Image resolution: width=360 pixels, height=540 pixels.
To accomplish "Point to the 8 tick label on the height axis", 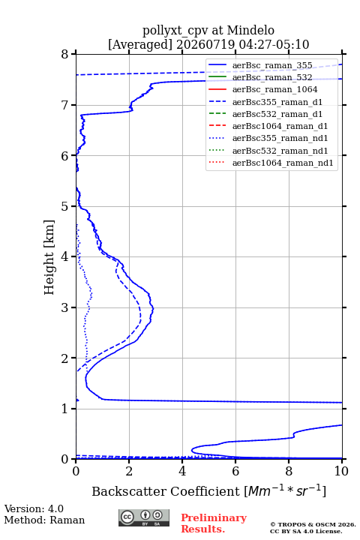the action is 64,55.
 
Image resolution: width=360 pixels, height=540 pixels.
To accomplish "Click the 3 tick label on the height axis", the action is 64,307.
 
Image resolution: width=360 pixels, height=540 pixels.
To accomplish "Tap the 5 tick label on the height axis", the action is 64,206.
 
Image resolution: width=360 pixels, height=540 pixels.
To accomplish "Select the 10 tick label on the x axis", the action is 341,471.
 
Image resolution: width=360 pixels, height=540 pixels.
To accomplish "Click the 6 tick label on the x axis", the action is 235,471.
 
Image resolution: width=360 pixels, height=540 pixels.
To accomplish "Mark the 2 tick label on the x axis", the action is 129,471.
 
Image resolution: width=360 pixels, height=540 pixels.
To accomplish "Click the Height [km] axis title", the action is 49,257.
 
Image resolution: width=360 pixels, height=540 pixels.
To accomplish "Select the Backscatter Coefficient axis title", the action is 208,490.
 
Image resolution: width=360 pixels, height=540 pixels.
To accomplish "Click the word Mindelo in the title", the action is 250,30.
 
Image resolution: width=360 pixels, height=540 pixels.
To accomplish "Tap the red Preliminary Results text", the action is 214,523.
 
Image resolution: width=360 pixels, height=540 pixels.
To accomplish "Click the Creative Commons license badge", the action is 144,517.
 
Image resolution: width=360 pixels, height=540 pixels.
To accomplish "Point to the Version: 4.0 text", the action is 34,508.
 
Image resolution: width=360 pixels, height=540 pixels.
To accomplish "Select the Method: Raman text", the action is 44,520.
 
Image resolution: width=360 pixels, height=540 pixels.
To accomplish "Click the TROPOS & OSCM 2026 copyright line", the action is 313,524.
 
